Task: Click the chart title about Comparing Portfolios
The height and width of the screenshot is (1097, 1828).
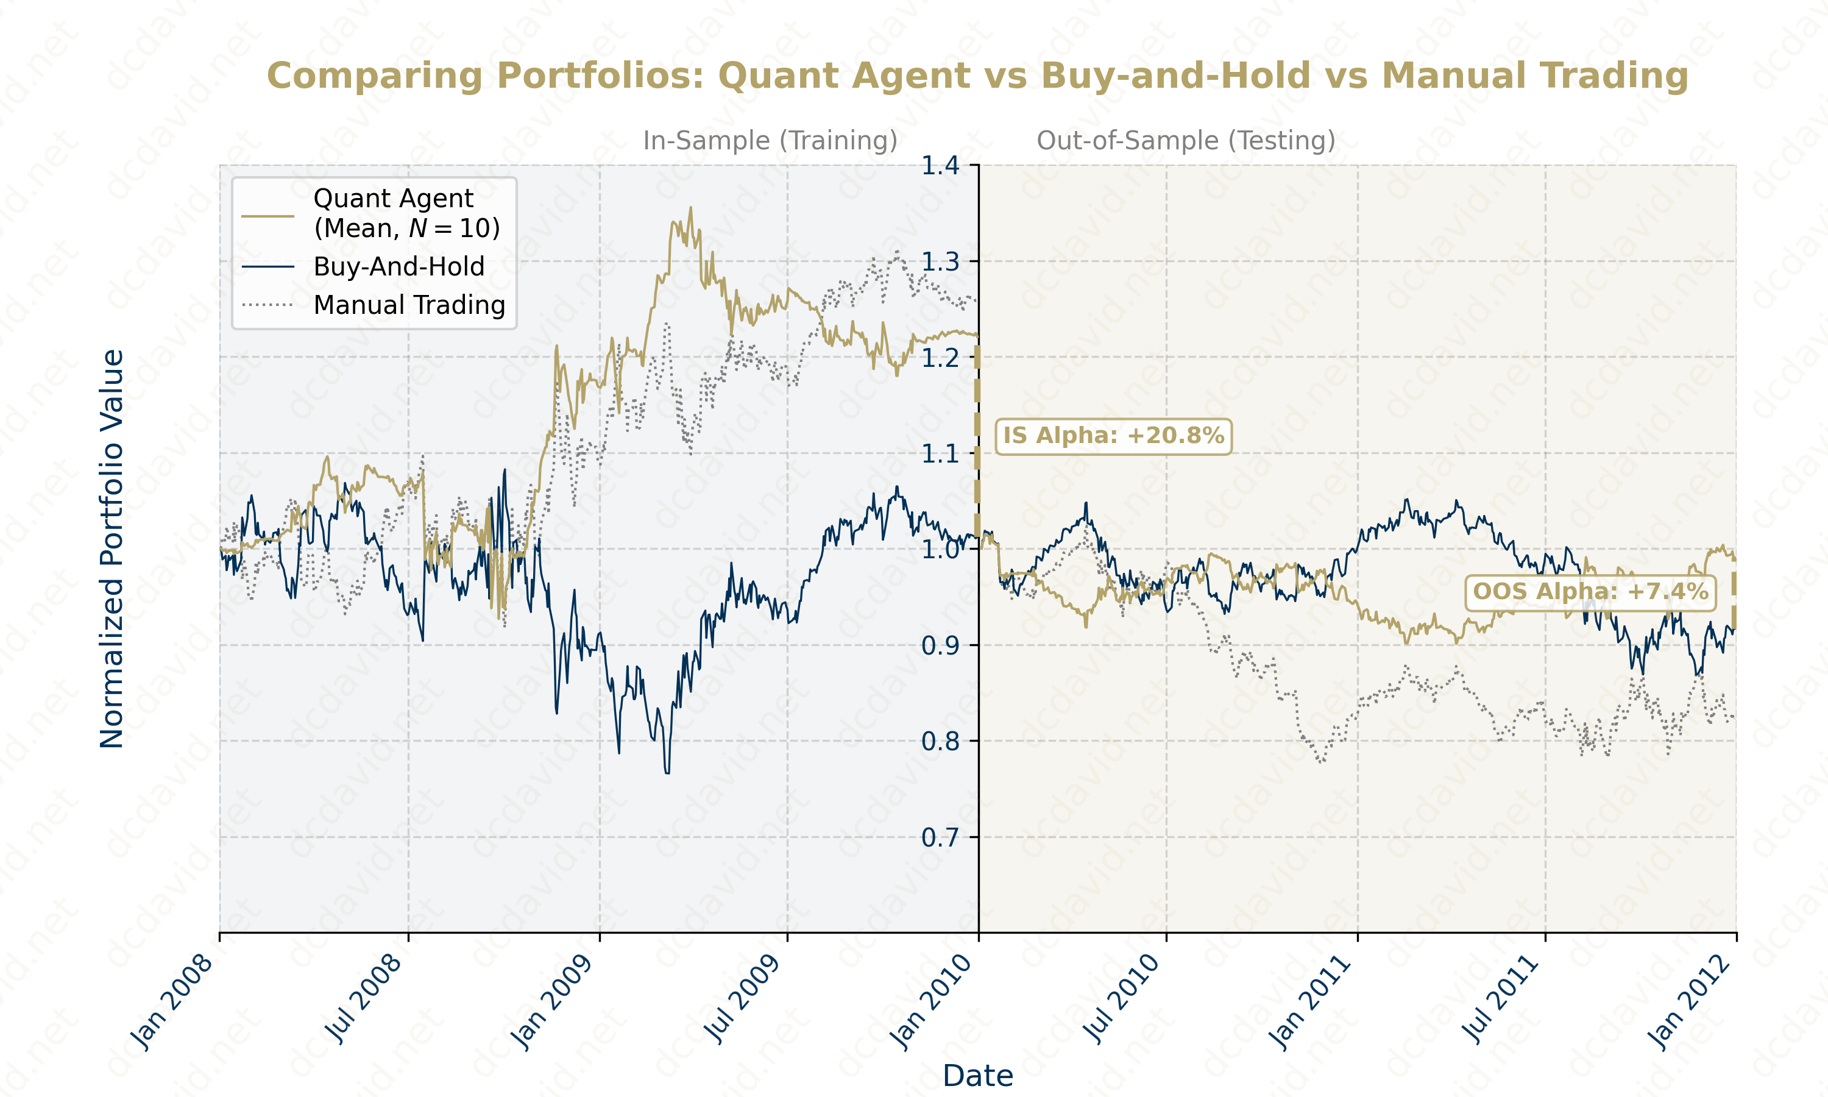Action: click(x=977, y=76)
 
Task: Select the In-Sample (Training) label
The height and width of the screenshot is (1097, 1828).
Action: click(x=770, y=140)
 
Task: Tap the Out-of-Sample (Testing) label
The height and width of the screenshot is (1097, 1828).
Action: click(x=1185, y=140)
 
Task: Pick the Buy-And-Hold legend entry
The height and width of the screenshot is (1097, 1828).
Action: click(x=399, y=267)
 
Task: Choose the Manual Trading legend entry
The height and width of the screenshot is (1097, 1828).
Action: click(x=409, y=305)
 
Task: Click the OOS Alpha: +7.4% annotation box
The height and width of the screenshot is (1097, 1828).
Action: click(x=1590, y=592)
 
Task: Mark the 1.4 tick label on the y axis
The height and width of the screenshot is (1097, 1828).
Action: click(x=939, y=166)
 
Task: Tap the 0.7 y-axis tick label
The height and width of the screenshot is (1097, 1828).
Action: click(x=939, y=837)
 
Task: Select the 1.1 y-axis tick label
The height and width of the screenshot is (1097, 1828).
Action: click(x=939, y=454)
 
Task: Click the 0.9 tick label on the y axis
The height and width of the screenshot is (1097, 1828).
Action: click(x=939, y=646)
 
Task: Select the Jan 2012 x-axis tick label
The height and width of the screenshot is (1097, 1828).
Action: click(x=1689, y=1002)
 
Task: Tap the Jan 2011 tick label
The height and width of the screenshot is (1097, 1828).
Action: click(x=1309, y=1002)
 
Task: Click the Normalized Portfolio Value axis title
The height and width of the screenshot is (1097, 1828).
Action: click(x=112, y=548)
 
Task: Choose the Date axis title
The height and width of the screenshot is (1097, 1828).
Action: click(x=977, y=1076)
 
